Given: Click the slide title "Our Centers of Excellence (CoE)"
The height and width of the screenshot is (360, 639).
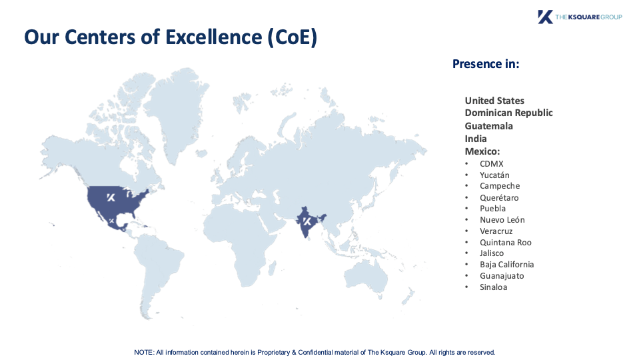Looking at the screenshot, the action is click(171, 37).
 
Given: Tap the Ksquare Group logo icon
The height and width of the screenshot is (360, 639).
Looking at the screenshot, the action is click(545, 17).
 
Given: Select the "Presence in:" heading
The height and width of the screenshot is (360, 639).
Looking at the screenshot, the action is click(486, 64).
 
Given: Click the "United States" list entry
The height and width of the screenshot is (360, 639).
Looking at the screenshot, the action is click(494, 101).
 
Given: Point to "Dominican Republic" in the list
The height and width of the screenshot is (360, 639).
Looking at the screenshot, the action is click(508, 113).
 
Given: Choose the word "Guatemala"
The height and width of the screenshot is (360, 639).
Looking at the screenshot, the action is click(488, 126).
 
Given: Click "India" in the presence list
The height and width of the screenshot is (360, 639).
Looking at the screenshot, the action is click(476, 139).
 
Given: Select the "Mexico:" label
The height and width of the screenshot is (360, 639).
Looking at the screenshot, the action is click(482, 151).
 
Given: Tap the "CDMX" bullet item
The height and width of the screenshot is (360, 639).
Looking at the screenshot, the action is click(492, 164).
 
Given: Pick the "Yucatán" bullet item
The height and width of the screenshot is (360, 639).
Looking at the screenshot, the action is click(494, 175).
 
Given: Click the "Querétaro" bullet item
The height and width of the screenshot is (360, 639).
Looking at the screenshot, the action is click(499, 198).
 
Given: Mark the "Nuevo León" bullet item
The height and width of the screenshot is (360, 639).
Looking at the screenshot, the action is click(502, 220).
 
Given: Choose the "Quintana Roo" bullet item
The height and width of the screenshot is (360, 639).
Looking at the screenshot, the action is click(505, 242).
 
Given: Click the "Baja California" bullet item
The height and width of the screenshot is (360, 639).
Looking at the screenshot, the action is click(506, 265).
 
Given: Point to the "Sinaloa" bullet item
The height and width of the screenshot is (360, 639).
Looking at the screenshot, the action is click(493, 287).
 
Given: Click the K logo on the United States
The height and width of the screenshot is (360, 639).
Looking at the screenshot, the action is click(111, 198).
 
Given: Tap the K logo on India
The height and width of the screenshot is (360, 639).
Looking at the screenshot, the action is click(307, 221).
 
